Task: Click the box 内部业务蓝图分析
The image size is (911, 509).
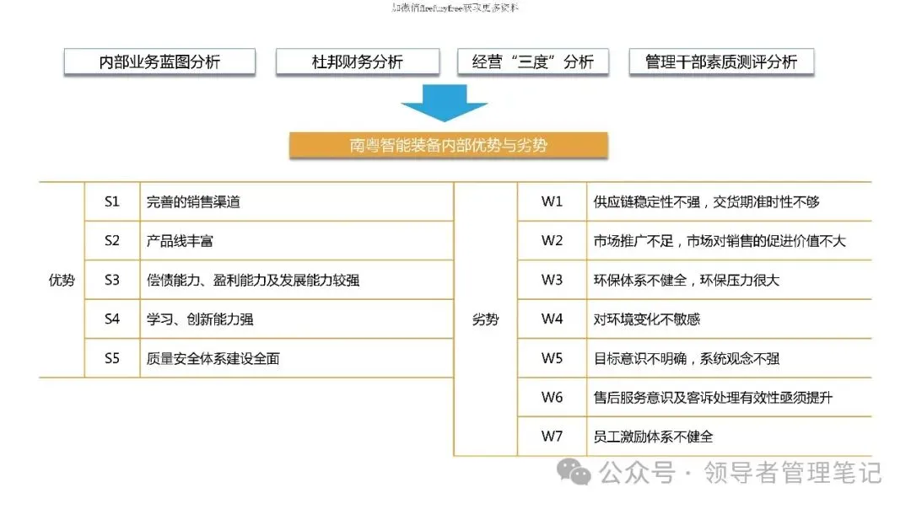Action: point(159,62)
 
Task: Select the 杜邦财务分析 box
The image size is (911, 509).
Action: point(358,62)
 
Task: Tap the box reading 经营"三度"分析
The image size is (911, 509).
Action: point(533,62)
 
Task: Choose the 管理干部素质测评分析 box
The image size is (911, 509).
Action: point(721,62)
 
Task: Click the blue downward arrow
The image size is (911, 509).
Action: point(444,106)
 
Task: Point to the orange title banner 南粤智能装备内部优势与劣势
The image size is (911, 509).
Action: point(449,145)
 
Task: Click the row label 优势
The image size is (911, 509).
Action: point(62,280)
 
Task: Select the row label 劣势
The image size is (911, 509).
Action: point(485,319)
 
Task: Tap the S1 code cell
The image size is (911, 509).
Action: point(112,201)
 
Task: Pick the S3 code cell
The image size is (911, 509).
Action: point(112,280)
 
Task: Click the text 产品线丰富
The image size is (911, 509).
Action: point(180,241)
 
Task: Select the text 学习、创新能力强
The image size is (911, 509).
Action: point(200,319)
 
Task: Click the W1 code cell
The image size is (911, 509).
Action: point(552,201)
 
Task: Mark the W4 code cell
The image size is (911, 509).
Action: point(552,319)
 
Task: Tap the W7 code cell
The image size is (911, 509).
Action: point(552,437)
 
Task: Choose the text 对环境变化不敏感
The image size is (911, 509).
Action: point(647,319)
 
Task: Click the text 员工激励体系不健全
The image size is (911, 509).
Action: point(654,437)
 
